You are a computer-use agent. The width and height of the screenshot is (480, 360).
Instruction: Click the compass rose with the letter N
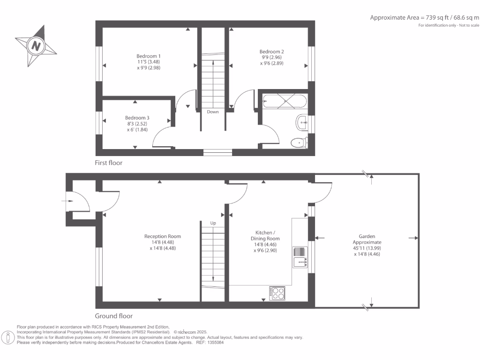click(36, 45)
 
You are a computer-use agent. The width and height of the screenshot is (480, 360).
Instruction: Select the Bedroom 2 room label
click(272, 57)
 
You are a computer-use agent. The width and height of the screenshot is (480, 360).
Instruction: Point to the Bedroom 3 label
click(137, 124)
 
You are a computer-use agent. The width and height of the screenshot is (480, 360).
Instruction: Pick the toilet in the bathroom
click(298, 142)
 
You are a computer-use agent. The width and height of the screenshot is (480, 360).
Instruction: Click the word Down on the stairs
click(213, 112)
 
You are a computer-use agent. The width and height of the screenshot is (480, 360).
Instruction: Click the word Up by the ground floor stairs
click(213, 223)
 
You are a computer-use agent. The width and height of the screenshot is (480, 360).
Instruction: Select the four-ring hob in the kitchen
click(277, 293)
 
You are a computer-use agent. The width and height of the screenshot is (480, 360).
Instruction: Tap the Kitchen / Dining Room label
click(265, 241)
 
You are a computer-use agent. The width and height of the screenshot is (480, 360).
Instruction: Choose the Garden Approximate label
click(367, 245)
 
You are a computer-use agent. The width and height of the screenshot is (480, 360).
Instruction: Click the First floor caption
click(108, 163)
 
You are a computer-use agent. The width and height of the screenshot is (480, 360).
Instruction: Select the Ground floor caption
click(113, 316)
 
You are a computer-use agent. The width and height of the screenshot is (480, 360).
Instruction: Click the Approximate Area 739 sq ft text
click(425, 18)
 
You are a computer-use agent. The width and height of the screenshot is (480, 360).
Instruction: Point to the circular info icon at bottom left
click(8, 337)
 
